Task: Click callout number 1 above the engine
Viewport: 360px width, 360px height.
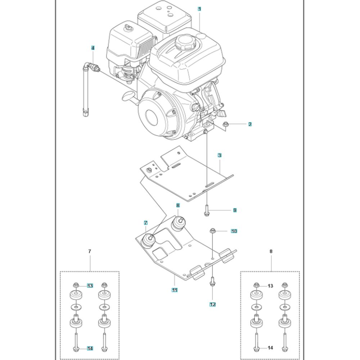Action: (x=199, y=9)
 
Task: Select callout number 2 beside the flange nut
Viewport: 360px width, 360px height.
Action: (x=250, y=124)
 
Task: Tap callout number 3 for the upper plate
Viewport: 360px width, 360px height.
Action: (x=219, y=156)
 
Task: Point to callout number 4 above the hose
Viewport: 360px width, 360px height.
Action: (x=93, y=48)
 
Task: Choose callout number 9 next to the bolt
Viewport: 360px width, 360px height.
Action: (x=235, y=210)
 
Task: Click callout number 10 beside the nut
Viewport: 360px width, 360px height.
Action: (x=234, y=231)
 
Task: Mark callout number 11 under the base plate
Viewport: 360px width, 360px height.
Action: (x=174, y=290)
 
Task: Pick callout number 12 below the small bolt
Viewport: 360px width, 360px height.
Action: (x=212, y=304)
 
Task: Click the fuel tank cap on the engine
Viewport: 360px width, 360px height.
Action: (x=185, y=43)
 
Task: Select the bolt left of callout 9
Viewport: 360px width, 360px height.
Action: (x=206, y=210)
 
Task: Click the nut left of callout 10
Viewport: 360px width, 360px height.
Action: (x=212, y=230)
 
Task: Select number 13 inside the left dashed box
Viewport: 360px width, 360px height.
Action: (x=90, y=286)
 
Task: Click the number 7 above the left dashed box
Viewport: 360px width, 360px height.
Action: (x=90, y=252)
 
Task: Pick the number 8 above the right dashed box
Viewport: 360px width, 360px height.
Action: (x=271, y=252)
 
